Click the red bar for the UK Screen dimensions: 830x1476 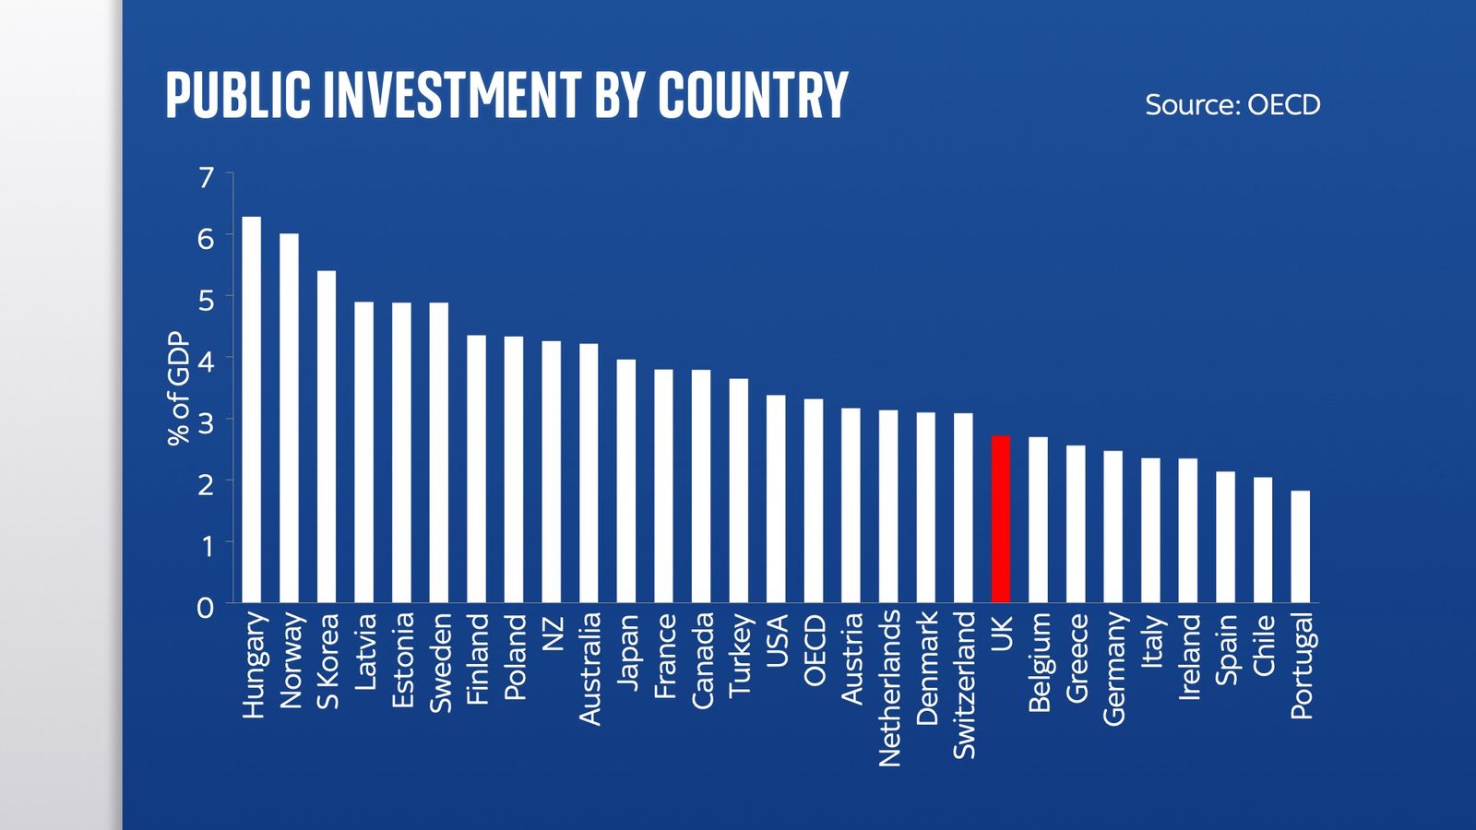click(1000, 519)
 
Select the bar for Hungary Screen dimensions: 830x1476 click(251, 409)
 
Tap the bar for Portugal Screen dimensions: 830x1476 click(1300, 547)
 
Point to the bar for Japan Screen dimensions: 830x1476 click(626, 480)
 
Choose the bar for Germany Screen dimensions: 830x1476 click(1113, 527)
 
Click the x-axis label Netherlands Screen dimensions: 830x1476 click(889, 688)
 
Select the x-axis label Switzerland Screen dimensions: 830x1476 click(964, 685)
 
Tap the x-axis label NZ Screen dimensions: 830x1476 click(552, 634)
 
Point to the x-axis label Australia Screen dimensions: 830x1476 click(589, 669)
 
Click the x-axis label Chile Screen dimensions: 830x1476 click(1263, 645)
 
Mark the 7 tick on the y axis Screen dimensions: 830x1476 click(206, 176)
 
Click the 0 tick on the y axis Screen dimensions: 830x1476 click(205, 608)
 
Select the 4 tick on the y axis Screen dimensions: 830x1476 click(206, 361)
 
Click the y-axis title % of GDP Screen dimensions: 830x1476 click(178, 388)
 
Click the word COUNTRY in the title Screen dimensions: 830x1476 click(753, 95)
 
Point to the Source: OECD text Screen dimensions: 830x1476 click(1232, 104)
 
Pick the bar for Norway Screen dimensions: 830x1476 click(289, 418)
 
